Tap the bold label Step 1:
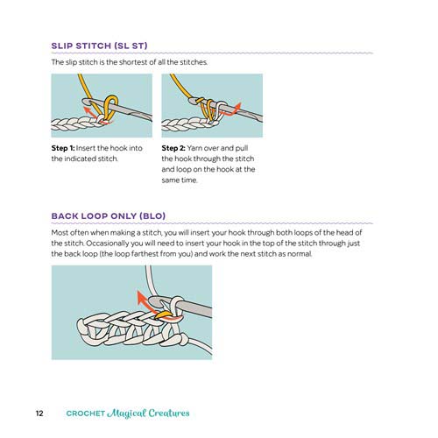coord(67,149)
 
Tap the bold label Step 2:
coord(178,149)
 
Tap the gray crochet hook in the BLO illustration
coord(188,312)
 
